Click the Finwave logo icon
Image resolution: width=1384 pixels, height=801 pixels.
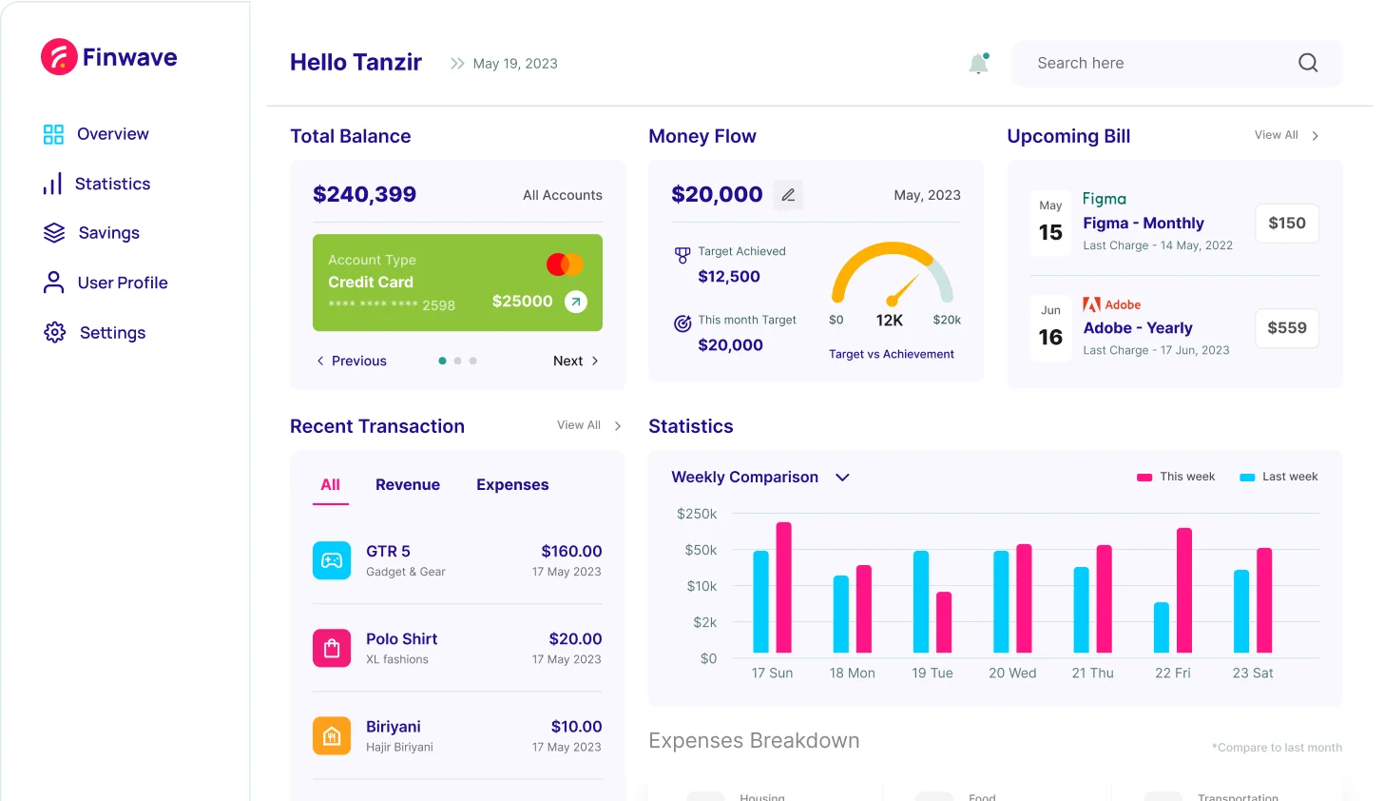pos(59,57)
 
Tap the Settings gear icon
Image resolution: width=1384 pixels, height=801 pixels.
pos(55,332)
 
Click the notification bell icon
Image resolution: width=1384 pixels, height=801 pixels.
pos(978,64)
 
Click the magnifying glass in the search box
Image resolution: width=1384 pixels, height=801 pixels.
pos(1308,63)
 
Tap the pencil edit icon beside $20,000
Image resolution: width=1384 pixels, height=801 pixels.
pos(788,195)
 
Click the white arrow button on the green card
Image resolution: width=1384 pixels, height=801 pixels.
pos(576,302)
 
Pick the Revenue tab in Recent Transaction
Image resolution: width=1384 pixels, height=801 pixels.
pos(408,484)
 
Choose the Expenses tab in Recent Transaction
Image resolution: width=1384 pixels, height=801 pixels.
pos(512,484)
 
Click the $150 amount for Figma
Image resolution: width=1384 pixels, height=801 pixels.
pos(1287,223)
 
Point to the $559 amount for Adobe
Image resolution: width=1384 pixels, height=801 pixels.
pos(1287,327)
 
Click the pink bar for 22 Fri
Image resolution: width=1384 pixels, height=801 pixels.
pos(1184,590)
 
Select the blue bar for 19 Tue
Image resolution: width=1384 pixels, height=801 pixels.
pos(921,601)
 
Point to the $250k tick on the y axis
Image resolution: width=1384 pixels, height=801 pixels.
pos(697,514)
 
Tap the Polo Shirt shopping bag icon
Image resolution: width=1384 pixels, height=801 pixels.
pos(332,649)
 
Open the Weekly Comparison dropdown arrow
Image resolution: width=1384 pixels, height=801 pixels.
pos(842,477)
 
